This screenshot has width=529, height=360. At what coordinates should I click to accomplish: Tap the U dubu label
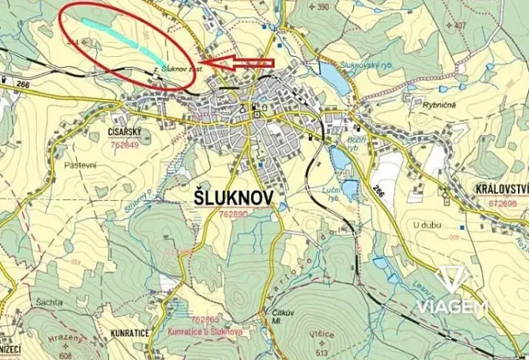pos(426,224)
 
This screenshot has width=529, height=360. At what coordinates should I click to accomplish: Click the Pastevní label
pos(79,165)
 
